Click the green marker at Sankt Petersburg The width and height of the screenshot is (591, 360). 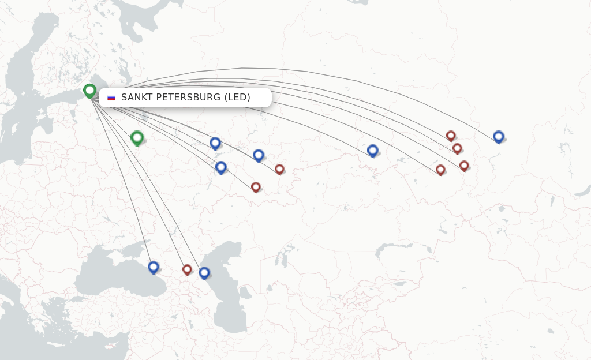pyautogui.click(x=89, y=91)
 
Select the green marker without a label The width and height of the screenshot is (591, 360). pyautogui.click(x=137, y=137)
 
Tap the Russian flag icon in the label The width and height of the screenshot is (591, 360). pyautogui.click(x=111, y=97)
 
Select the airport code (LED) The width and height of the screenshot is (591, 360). pyautogui.click(x=237, y=97)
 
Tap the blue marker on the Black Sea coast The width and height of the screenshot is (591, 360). pyautogui.click(x=153, y=267)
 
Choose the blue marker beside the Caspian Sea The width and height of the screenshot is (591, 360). pyautogui.click(x=204, y=272)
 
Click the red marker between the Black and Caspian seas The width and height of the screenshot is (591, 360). pyautogui.click(x=187, y=269)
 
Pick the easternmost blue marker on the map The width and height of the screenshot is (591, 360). pyautogui.click(x=499, y=136)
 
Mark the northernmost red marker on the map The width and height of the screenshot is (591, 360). pyautogui.click(x=451, y=136)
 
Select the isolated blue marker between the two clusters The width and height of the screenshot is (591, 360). pyautogui.click(x=373, y=151)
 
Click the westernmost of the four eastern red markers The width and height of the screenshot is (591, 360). pyautogui.click(x=440, y=170)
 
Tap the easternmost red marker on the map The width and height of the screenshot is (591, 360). pyautogui.click(x=464, y=166)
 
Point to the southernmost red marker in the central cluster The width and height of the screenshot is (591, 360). pyautogui.click(x=256, y=187)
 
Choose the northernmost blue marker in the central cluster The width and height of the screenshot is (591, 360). pyautogui.click(x=215, y=142)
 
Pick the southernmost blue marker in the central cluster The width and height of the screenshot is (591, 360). pyautogui.click(x=220, y=167)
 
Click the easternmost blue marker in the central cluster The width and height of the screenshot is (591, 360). pyautogui.click(x=259, y=155)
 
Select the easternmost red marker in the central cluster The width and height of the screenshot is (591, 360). pyautogui.click(x=279, y=169)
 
